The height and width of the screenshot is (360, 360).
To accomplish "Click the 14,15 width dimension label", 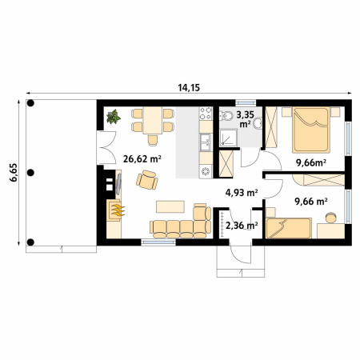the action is [x=189, y=87].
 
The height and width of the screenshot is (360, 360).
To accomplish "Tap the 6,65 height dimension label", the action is [x=14, y=173].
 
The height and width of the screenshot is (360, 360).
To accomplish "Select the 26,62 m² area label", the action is [x=142, y=159].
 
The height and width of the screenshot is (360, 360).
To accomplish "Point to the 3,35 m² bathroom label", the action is [x=245, y=119].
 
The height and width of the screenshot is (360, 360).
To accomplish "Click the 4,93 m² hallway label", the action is [x=242, y=192].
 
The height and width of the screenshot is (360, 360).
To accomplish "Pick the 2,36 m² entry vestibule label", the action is [x=242, y=226].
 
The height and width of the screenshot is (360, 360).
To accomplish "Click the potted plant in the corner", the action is [x=114, y=117].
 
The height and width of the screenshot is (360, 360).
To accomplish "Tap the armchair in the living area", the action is [x=147, y=180].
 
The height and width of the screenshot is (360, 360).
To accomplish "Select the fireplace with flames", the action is [x=115, y=210].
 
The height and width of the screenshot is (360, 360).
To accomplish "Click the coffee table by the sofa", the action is [x=170, y=206].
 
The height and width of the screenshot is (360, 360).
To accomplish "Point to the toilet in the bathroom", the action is [x=226, y=116].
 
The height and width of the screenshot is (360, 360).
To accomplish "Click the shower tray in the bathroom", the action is [x=228, y=138].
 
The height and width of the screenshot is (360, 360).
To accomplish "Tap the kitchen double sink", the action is [x=206, y=142].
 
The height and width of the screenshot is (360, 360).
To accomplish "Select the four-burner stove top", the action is [x=206, y=114].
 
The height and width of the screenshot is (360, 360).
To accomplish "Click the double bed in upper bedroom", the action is [x=311, y=130].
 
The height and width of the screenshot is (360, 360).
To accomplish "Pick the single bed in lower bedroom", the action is [x=289, y=228].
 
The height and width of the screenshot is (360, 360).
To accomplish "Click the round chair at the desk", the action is [x=331, y=218].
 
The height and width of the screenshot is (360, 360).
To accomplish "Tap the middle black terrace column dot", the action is [x=30, y=173].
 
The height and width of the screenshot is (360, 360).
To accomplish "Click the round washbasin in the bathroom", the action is [x=258, y=124].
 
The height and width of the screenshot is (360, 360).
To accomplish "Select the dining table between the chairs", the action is [x=153, y=120].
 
